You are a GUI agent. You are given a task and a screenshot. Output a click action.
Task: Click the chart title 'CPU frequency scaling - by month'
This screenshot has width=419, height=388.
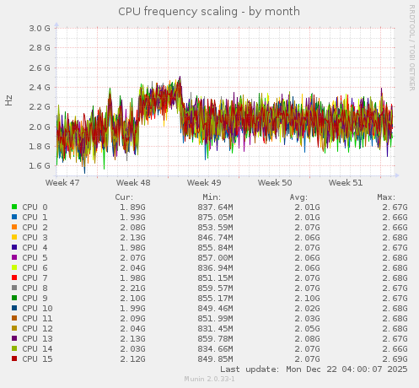click(209, 11)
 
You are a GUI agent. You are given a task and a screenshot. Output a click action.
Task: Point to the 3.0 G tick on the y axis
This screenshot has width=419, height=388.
click(40, 28)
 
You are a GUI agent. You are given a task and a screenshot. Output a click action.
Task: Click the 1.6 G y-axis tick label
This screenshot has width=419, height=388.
click(40, 166)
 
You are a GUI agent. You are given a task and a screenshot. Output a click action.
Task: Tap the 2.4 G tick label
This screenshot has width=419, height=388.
click(40, 87)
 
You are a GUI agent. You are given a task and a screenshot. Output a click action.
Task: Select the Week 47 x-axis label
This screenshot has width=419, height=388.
click(62, 182)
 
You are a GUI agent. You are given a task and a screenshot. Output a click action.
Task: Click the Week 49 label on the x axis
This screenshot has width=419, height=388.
click(204, 182)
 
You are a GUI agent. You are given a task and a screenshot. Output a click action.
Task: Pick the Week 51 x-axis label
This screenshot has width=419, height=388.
click(346, 182)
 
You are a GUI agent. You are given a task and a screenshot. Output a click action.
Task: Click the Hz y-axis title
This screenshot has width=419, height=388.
click(9, 100)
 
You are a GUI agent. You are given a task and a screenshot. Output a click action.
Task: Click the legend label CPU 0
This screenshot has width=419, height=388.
click(35, 207)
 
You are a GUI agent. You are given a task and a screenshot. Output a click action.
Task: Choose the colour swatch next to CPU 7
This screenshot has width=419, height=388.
click(14, 278)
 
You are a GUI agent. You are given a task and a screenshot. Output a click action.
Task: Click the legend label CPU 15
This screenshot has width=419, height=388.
click(37, 358)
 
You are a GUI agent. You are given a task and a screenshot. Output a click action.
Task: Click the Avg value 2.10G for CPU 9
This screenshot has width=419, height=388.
click(308, 298)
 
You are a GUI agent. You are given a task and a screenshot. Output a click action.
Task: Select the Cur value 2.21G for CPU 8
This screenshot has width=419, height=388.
click(132, 288)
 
